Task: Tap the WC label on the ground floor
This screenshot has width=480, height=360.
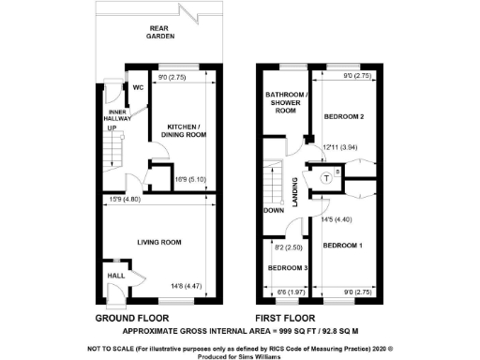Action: tap(137, 87)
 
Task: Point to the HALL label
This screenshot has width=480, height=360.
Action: tap(115, 276)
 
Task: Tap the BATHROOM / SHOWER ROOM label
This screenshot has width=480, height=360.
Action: tap(286, 103)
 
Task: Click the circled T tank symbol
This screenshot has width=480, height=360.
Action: tap(326, 177)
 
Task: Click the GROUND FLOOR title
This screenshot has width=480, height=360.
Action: tap(137, 319)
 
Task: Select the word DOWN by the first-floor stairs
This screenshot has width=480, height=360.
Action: tap(274, 211)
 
